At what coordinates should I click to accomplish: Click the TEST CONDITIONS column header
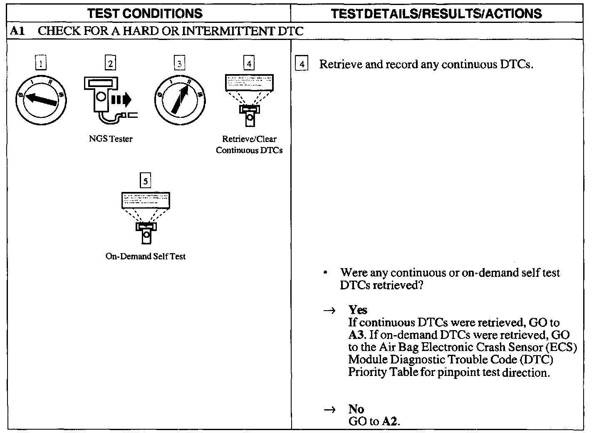coord(145,13)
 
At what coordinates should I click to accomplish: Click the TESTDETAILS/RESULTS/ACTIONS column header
coord(436,13)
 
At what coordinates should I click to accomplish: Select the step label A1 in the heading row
coord(17,31)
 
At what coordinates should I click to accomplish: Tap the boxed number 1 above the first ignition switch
coord(41,63)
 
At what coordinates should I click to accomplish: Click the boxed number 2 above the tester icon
coord(110,63)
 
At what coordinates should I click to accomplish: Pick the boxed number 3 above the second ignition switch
coord(179,63)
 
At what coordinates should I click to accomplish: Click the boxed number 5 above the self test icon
coord(145,181)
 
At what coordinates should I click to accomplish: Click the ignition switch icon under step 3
coord(180,100)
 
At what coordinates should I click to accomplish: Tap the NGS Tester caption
coord(111,139)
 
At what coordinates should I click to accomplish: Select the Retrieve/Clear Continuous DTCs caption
coord(249,144)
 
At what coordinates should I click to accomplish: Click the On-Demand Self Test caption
coord(145,256)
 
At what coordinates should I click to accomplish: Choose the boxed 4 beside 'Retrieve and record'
coord(302,64)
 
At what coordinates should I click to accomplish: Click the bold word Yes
coord(358,310)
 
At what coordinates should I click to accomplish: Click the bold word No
coord(356,409)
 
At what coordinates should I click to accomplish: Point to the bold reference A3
coord(356,335)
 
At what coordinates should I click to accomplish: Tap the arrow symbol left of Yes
coord(329,311)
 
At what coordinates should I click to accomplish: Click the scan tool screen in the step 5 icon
coord(146,200)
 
